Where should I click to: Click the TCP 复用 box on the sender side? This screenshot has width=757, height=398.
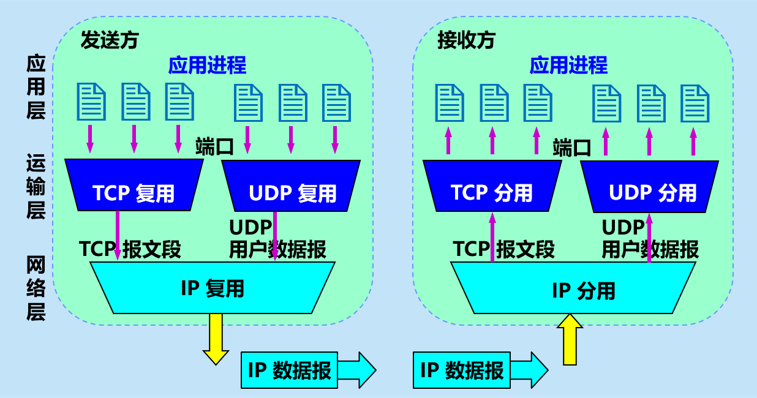134,185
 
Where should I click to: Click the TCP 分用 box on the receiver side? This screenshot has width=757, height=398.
492,186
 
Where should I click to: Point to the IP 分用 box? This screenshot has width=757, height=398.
573,288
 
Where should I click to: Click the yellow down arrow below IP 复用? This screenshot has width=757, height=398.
216,339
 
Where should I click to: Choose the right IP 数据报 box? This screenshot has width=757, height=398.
462,370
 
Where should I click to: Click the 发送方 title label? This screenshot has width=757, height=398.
110,40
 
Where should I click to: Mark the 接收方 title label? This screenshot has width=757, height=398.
466,40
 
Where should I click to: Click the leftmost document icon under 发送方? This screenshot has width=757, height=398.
91,102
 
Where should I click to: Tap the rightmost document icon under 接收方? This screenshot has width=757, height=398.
695,102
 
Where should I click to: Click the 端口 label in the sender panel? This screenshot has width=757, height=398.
214,147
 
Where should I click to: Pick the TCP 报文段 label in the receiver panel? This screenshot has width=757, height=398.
503,249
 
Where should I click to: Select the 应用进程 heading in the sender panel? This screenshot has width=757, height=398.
207,65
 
